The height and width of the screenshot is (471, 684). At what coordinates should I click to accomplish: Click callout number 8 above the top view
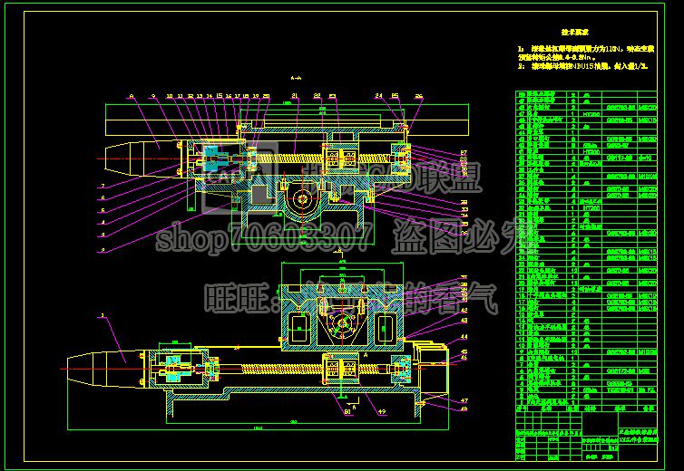132,94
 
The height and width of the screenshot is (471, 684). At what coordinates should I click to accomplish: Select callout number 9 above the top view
153,94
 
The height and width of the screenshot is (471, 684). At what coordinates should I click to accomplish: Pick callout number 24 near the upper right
379,94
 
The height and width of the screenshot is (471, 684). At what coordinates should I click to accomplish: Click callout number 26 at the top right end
418,94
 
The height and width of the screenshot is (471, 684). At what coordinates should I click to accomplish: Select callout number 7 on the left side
103,185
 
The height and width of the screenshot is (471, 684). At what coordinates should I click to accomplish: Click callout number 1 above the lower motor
103,315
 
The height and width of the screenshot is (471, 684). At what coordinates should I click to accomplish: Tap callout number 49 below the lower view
381,413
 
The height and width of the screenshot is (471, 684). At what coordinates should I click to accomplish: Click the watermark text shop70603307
263,239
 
